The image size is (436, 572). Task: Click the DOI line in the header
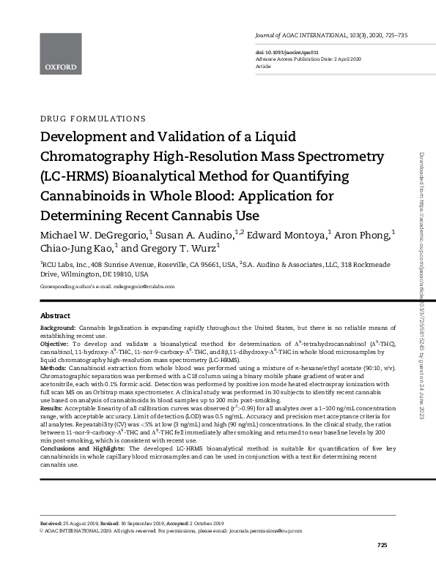coord(281,53)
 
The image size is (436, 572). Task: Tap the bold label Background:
coord(58,329)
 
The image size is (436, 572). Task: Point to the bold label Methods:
coord(53,367)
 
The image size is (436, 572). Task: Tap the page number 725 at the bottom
coord(382,546)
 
